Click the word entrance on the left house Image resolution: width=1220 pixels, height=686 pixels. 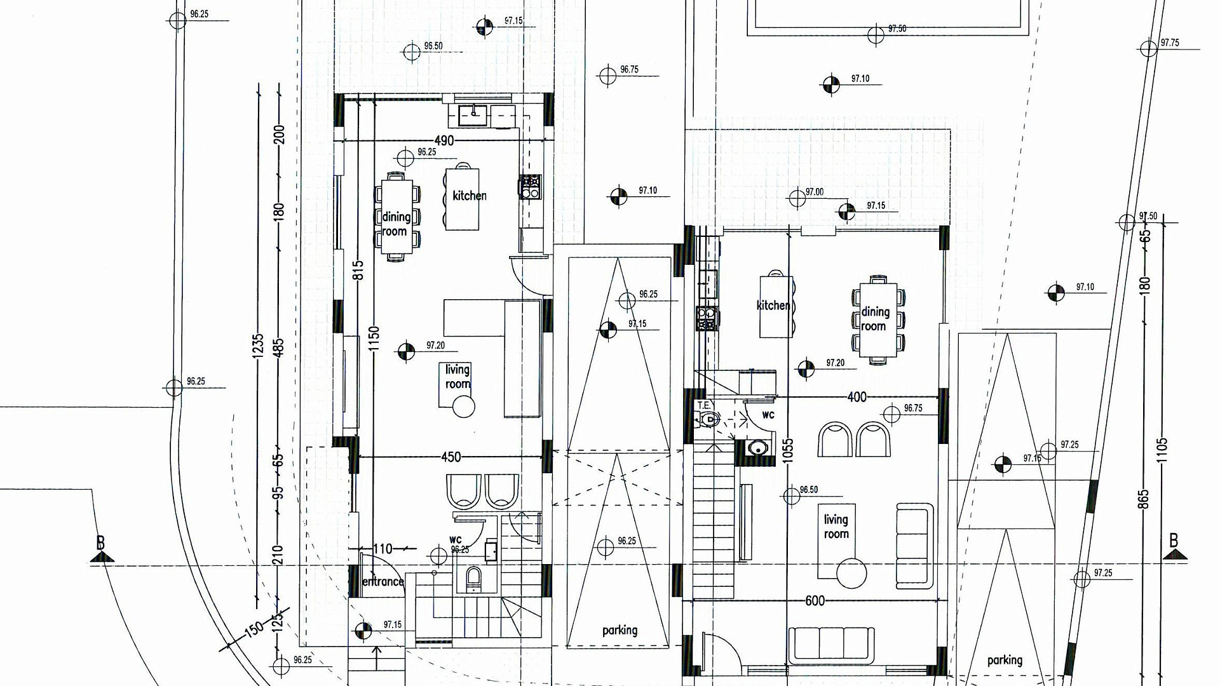[x=383, y=581]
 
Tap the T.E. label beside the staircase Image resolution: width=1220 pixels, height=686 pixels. [x=703, y=405]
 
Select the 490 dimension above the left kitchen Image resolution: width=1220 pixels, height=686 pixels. [x=444, y=140]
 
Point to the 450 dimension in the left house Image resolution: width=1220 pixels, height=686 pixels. [x=451, y=457]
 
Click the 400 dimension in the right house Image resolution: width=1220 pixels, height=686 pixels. [x=857, y=397]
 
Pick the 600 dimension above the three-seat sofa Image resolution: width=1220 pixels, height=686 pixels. [x=815, y=601]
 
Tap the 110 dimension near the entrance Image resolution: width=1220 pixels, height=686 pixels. [x=382, y=549]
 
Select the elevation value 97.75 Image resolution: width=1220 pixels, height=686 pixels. [x=1169, y=43]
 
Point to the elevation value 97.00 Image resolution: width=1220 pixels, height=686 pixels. [x=814, y=192]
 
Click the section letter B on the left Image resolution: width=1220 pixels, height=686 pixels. [x=100, y=543]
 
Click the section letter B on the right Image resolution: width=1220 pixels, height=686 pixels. [x=1174, y=541]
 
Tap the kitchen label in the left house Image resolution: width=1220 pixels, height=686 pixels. [x=470, y=196]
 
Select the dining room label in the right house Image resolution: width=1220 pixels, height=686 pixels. [x=874, y=319]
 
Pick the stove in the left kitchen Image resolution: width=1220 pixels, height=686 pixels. [x=529, y=187]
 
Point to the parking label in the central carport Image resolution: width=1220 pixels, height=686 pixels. [x=620, y=630]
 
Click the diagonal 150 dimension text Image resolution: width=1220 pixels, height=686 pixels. [x=254, y=629]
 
